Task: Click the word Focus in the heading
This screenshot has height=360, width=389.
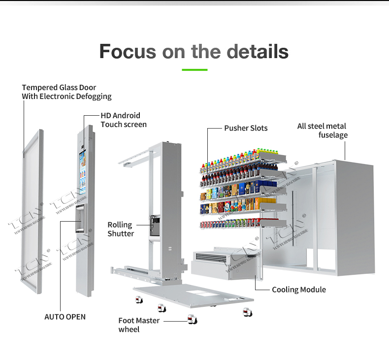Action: pyautogui.click(x=128, y=51)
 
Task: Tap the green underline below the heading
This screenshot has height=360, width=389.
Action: pyautogui.click(x=194, y=69)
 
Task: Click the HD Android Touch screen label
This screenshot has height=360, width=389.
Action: pyautogui.click(x=123, y=120)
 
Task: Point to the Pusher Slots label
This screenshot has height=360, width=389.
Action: pyautogui.click(x=246, y=128)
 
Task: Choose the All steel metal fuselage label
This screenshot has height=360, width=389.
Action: pyautogui.click(x=322, y=131)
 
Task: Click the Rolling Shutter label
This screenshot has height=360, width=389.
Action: pyautogui.click(x=121, y=229)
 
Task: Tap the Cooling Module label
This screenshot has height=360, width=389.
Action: pyautogui.click(x=298, y=290)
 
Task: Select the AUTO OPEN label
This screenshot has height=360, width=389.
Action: pyautogui.click(x=65, y=317)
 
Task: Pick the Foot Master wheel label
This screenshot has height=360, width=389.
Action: pyautogui.click(x=138, y=325)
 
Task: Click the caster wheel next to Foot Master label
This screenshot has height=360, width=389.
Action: pyautogui.click(x=192, y=321)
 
